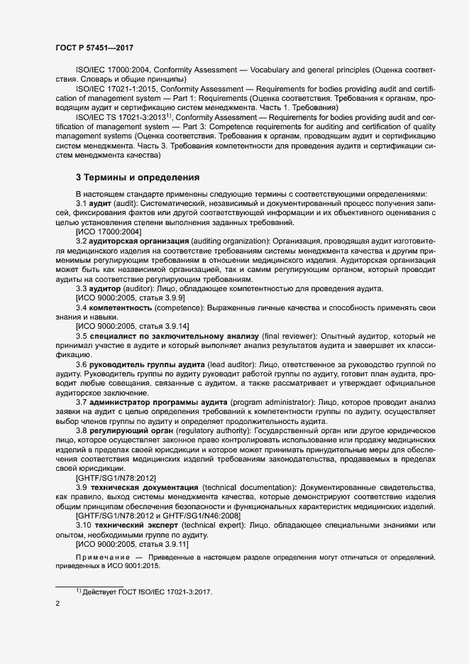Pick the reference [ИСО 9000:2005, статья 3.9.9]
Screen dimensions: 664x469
120,298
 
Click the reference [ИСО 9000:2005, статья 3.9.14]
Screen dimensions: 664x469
122,326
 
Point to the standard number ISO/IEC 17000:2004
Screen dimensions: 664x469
111,71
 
